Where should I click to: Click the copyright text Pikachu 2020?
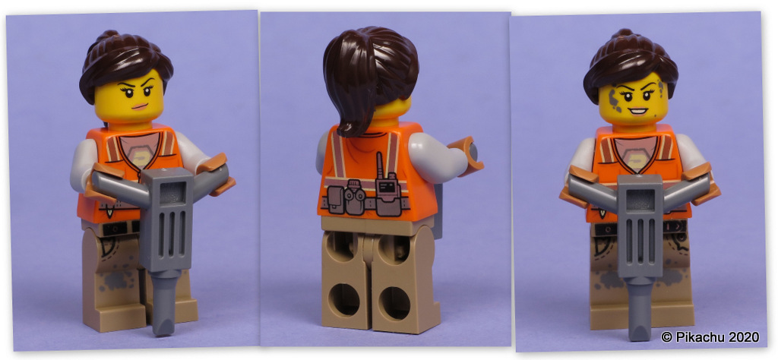pyautogui.click(x=705, y=336)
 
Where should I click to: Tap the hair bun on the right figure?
pyautogui.click(x=625, y=36)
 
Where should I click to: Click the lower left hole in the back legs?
pyautogui.click(x=346, y=298)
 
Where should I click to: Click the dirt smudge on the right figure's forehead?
pyautogui.click(x=615, y=96)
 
